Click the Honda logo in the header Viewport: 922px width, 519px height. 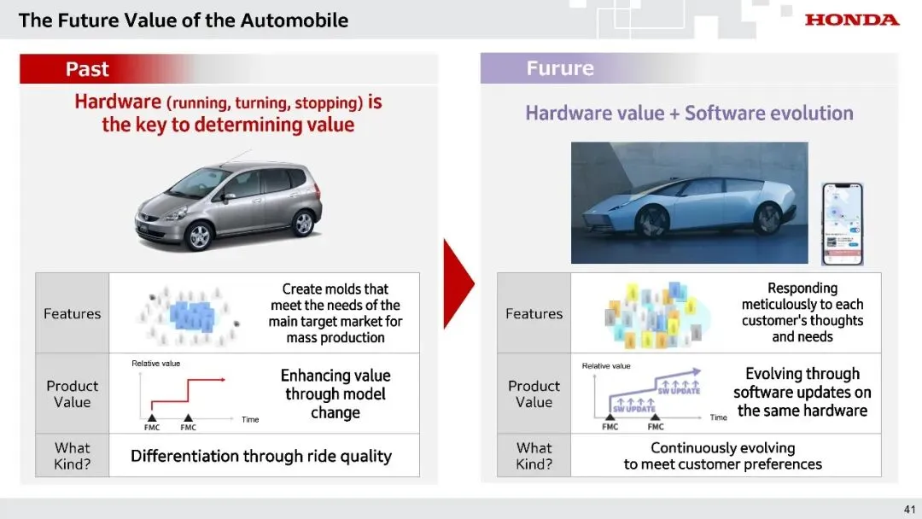pos(851,20)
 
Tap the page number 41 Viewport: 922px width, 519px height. pos(909,510)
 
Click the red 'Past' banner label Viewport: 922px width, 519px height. pos(87,69)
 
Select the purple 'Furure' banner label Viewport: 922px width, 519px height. pos(559,68)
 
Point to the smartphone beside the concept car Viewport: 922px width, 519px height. pos(842,224)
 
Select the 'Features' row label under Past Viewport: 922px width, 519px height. pos(73,313)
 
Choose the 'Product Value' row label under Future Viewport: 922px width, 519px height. pos(534,394)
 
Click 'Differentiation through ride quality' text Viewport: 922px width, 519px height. pos(261,456)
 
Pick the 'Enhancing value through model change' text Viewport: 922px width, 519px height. pos(336,394)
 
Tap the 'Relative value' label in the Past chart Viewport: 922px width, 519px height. pos(155,364)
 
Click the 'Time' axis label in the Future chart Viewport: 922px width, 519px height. pos(719,417)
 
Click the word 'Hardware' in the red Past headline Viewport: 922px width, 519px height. pos(118,102)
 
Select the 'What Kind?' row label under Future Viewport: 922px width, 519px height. pos(534,456)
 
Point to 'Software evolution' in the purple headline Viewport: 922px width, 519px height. pos(768,113)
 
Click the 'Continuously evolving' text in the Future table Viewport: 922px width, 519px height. pos(722,448)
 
